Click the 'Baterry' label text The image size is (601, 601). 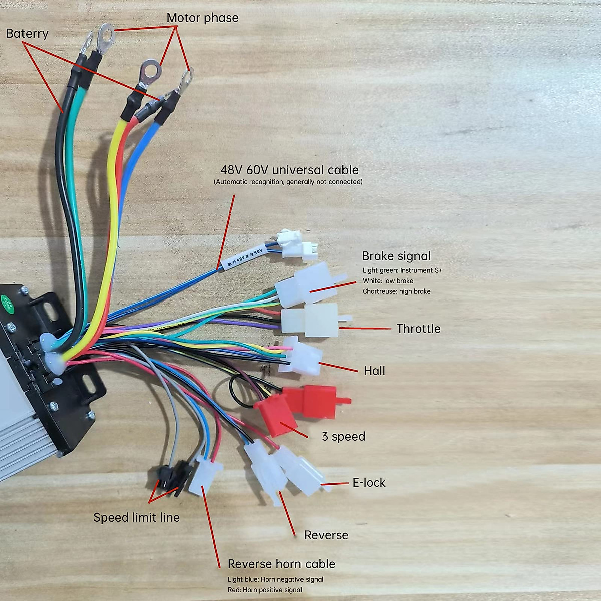click(x=27, y=34)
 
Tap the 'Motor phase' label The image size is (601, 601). click(x=202, y=18)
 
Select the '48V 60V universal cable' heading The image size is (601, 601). click(x=289, y=170)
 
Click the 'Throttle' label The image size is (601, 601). click(x=418, y=329)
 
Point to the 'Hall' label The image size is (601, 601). click(x=374, y=371)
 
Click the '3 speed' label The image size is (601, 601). click(x=343, y=436)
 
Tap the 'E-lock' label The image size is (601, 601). click(x=369, y=483)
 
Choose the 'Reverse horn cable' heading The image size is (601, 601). click(x=281, y=564)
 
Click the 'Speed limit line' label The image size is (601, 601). click(x=136, y=517)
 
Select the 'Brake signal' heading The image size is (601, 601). click(x=396, y=256)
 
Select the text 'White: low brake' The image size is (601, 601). click(x=388, y=281)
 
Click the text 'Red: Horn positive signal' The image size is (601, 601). click(x=264, y=590)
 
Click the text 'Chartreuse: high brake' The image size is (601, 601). click(x=396, y=291)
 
